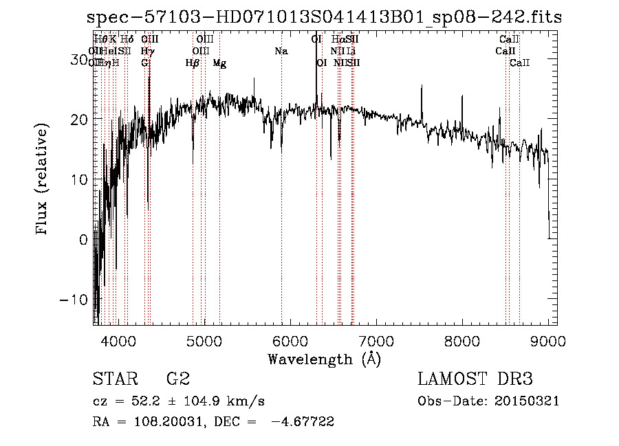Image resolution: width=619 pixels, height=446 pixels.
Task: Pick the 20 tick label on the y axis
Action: pyautogui.click(x=78, y=120)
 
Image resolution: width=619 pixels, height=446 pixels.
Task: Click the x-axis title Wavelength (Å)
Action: pyautogui.click(x=324, y=359)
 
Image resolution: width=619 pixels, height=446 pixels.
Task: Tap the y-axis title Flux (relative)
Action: pyautogui.click(x=43, y=179)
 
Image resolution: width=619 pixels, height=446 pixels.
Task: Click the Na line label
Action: pyautogui.click(x=281, y=52)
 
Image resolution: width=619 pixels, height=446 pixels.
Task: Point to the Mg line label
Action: pyautogui.click(x=219, y=63)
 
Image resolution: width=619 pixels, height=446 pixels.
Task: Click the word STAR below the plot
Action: pyautogui.click(x=114, y=379)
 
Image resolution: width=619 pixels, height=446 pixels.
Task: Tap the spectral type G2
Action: pyautogui.click(x=178, y=379)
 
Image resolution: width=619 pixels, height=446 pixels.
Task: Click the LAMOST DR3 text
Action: pyautogui.click(x=475, y=379)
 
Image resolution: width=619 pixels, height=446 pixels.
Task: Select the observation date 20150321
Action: pyautogui.click(x=530, y=401)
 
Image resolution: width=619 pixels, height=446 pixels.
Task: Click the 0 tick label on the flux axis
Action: pyautogui.click(x=83, y=240)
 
